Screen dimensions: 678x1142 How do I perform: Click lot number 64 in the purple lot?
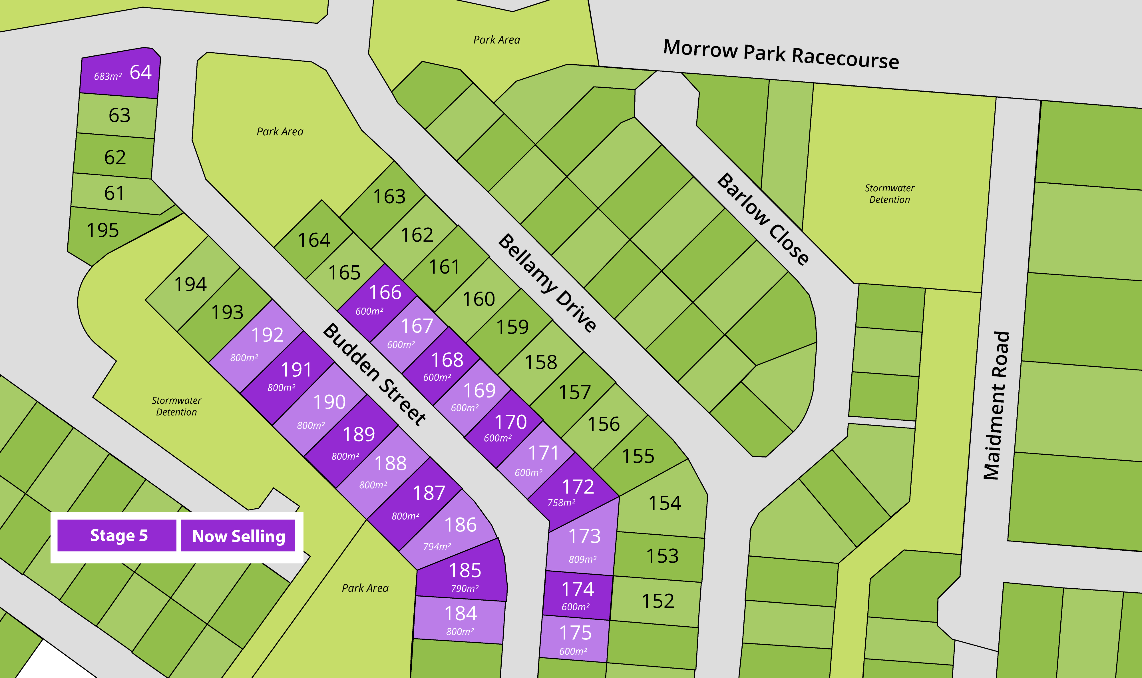click(140, 72)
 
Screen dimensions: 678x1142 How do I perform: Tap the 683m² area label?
click(108, 76)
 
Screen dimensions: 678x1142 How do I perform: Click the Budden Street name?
click(374, 374)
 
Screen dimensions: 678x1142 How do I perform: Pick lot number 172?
click(578, 487)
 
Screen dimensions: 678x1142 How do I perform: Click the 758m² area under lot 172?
click(561, 503)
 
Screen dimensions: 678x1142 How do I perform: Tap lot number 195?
click(103, 230)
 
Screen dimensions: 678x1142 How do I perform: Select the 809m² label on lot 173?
click(583, 559)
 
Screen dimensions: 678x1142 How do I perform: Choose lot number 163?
click(389, 196)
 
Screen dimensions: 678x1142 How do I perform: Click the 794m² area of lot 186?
click(437, 546)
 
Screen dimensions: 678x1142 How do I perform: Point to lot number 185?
click(465, 570)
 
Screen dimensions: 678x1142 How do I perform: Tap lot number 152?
click(658, 601)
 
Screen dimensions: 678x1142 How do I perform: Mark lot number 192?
click(267, 335)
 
